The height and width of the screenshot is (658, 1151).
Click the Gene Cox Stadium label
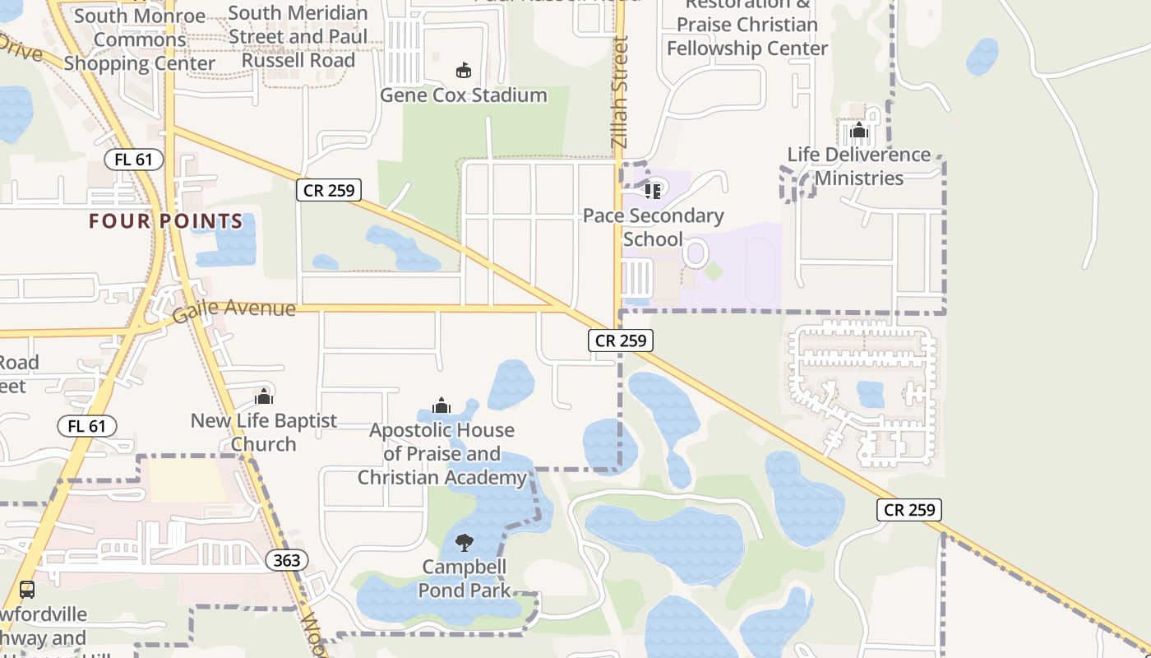[x=463, y=95]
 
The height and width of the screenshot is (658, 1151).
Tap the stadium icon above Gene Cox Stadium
[x=463, y=71]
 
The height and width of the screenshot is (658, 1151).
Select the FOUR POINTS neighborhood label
[x=166, y=221]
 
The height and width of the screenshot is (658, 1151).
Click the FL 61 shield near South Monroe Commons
[x=134, y=160]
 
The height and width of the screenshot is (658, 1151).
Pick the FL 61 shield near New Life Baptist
[x=87, y=426]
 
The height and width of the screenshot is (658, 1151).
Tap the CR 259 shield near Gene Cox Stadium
[x=329, y=191]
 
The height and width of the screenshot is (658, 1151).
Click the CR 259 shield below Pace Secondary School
[x=621, y=341]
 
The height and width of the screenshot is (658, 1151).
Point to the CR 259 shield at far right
[x=909, y=510]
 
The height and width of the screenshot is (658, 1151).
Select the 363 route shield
[x=287, y=561]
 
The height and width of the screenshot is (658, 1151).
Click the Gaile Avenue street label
[x=233, y=312]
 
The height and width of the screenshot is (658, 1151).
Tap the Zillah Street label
[x=620, y=92]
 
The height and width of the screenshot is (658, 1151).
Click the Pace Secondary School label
[x=654, y=227]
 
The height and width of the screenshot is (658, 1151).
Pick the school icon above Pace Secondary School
[x=653, y=191]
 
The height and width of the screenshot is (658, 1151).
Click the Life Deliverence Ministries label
[x=859, y=166]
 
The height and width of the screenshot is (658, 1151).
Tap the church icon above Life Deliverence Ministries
[x=859, y=130]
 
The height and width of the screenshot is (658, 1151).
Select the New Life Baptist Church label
[x=264, y=432]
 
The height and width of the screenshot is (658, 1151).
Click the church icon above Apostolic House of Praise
[x=441, y=405]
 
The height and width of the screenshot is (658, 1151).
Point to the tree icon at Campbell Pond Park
[x=465, y=542]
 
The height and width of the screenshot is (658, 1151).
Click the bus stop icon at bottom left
[x=27, y=589]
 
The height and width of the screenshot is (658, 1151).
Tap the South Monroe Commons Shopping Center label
[x=140, y=39]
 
